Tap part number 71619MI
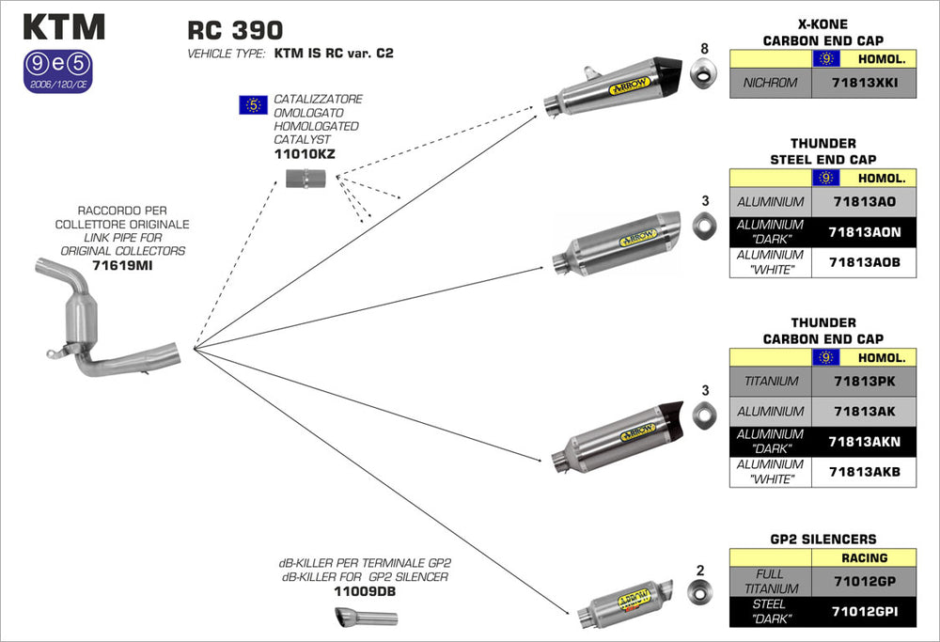pyautogui.click(x=122, y=266)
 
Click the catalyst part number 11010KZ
pyautogui.click(x=305, y=152)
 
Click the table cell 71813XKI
pyautogui.click(x=864, y=83)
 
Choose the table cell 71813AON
pyautogui.click(x=864, y=232)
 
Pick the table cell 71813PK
pyautogui.click(x=864, y=381)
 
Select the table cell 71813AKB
pyautogui.click(x=864, y=472)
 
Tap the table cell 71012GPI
pyautogui.click(x=864, y=612)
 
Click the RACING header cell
pyautogui.click(x=864, y=557)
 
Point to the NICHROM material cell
pyautogui.click(x=770, y=83)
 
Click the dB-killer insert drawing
pyautogui.click(x=366, y=618)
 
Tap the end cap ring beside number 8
pyautogui.click(x=701, y=72)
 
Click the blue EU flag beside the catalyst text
pyautogui.click(x=254, y=104)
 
